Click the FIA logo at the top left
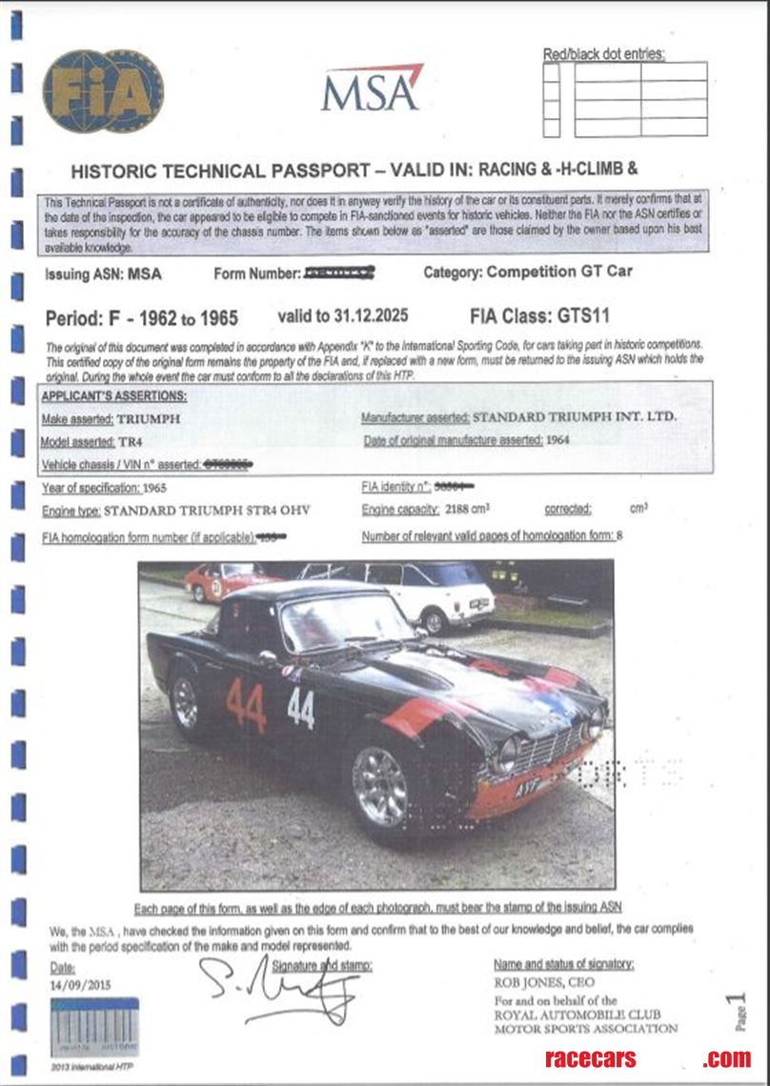(x=103, y=91)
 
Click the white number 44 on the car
(x=300, y=708)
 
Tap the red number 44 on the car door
(x=246, y=705)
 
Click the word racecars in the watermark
(x=590, y=1058)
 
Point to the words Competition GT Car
(x=559, y=271)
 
